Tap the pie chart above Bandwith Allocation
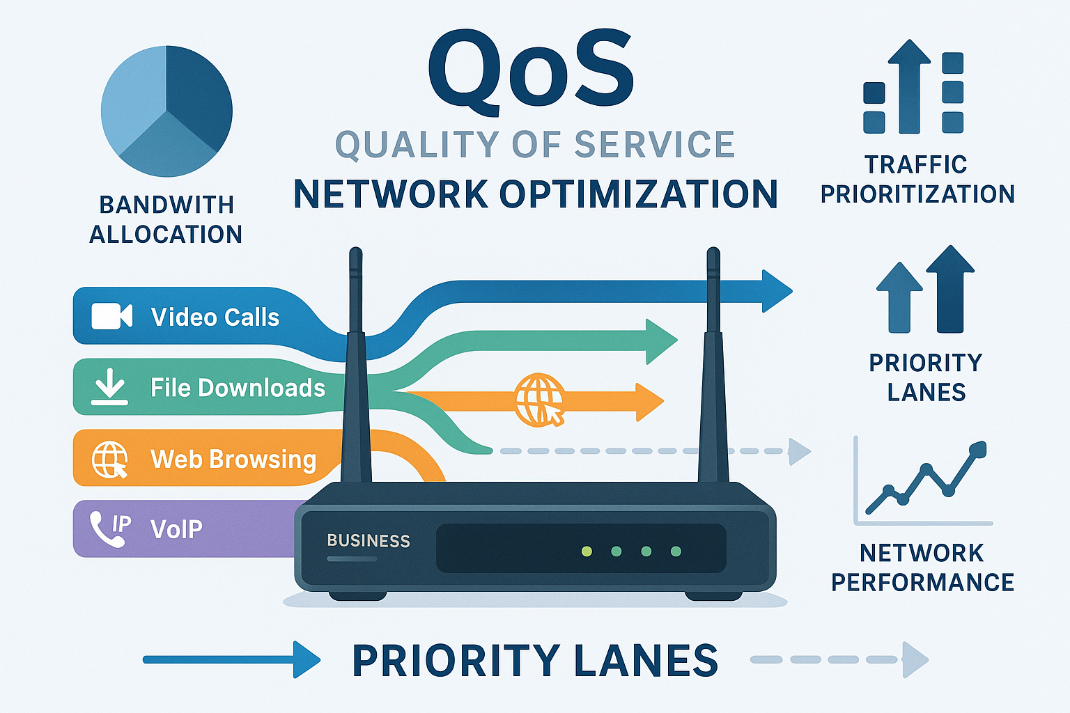point(166,111)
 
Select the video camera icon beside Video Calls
point(111,316)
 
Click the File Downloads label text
point(238,388)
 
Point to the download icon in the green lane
point(110,387)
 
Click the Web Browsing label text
point(233,460)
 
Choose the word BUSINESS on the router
point(369,541)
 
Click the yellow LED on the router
point(587,551)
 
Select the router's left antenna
point(356,362)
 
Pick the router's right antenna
point(713,362)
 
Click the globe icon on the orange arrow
point(539,400)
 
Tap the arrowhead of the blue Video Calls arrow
point(776,290)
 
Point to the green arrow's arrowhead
point(660,341)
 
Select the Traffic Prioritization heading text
point(917,180)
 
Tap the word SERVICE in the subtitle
point(654,145)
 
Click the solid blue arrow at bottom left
point(230,659)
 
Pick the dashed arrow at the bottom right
point(839,659)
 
